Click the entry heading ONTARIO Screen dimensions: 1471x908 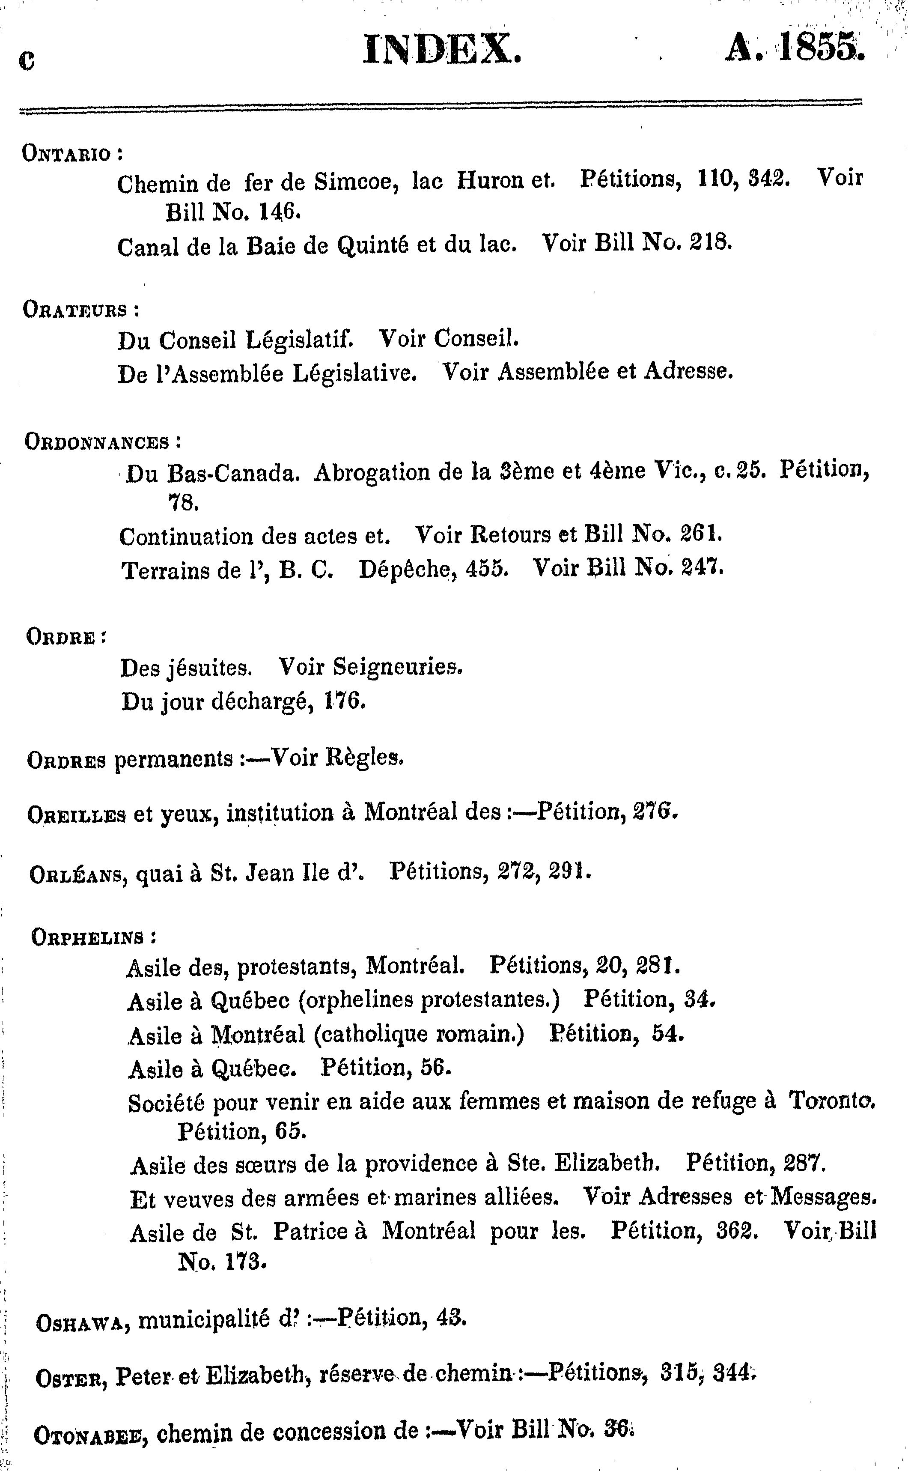[67, 154]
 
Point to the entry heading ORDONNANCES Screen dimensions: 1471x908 [97, 442]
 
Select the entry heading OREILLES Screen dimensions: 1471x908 [77, 815]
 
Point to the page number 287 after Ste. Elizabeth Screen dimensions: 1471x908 [805, 1164]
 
